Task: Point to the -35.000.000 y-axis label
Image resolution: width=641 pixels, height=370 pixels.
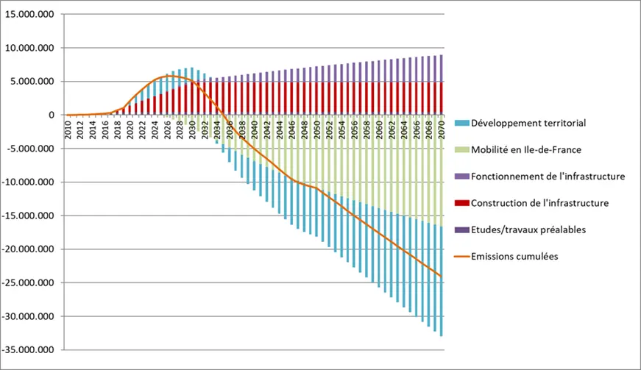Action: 30,350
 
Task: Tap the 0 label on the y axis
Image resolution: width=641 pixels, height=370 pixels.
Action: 50,115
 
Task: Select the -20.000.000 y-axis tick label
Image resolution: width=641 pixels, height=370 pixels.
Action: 30,249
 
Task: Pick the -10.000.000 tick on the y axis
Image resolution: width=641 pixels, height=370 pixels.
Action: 30,182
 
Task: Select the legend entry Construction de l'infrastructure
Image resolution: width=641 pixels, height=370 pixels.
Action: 539,202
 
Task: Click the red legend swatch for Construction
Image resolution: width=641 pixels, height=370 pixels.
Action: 462,202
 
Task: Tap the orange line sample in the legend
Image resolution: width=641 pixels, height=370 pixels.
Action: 461,256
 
